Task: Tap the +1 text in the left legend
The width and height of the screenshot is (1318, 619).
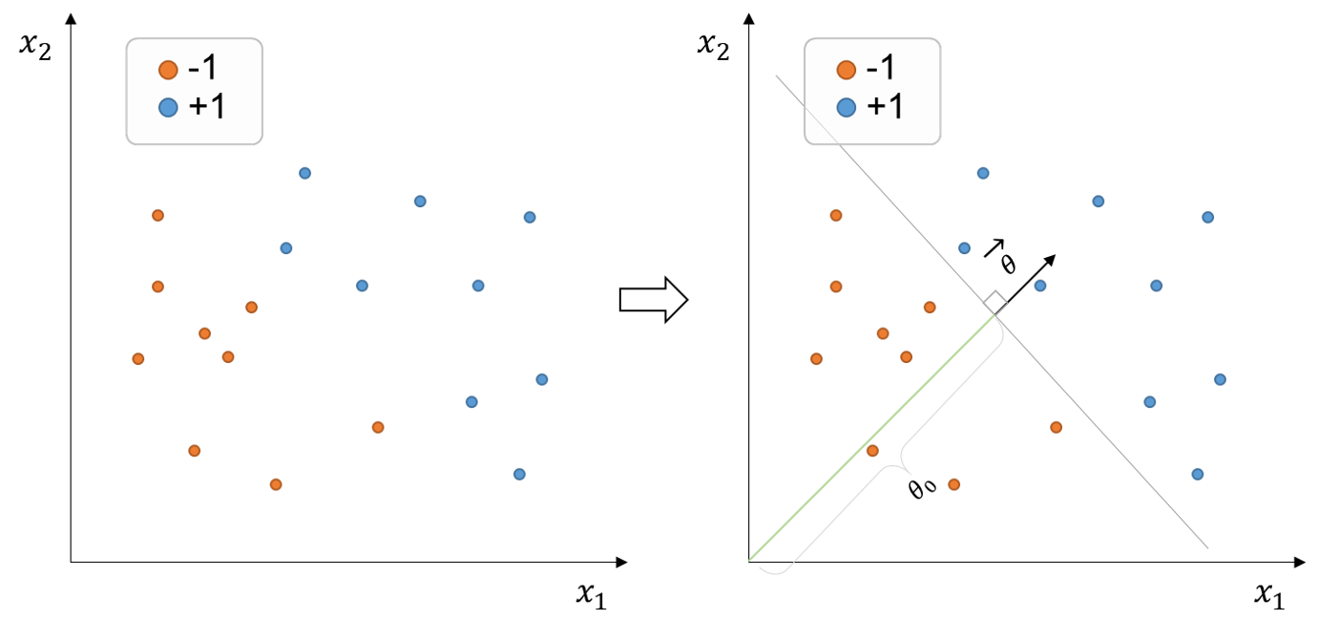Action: pyautogui.click(x=207, y=107)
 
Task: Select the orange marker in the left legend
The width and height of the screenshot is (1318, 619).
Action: pyautogui.click(x=168, y=70)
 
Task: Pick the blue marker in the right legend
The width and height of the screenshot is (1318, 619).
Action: pyautogui.click(x=846, y=107)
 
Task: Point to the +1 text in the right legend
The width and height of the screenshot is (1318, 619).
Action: pyautogui.click(x=885, y=107)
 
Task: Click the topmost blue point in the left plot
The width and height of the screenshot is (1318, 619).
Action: pyautogui.click(x=304, y=173)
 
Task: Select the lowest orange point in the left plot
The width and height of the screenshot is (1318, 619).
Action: pyautogui.click(x=276, y=484)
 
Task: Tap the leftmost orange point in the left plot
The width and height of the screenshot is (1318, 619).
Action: pyautogui.click(x=138, y=359)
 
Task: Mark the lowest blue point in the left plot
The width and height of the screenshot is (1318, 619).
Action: pyautogui.click(x=519, y=474)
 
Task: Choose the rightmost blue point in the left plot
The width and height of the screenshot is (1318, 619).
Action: pyautogui.click(x=542, y=379)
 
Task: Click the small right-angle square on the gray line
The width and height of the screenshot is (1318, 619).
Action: pyautogui.click(x=995, y=302)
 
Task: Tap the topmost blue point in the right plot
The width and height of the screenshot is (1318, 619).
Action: pyautogui.click(x=983, y=173)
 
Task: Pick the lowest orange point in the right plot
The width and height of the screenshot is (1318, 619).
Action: pyautogui.click(x=954, y=484)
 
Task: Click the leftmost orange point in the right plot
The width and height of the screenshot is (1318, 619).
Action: pyautogui.click(x=816, y=359)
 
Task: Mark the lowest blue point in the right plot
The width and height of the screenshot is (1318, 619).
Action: pyautogui.click(x=1198, y=474)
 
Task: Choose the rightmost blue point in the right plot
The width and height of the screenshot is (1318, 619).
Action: pyautogui.click(x=1220, y=379)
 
